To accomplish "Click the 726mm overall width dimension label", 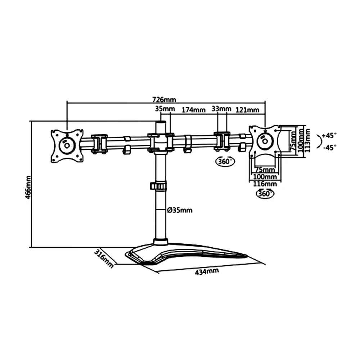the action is (x=164, y=100).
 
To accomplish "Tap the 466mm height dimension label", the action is (x=28, y=187).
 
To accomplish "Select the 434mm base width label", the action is (x=207, y=271).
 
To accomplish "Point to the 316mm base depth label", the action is (x=104, y=258).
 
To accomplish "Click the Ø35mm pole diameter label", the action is (x=180, y=210).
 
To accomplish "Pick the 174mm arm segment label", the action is (x=194, y=110).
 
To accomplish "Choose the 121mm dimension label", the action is (x=248, y=110).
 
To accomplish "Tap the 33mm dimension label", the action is (x=221, y=109).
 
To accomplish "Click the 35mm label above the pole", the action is (x=165, y=109).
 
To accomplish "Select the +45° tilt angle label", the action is (x=329, y=135).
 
